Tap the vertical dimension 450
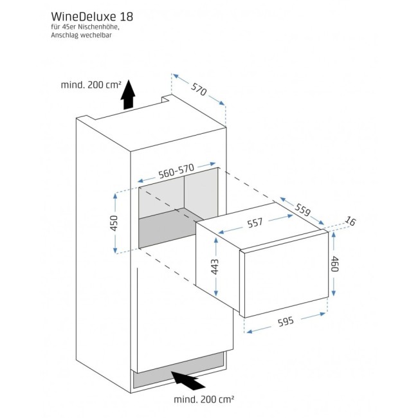point(114,223)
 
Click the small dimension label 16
point(350,222)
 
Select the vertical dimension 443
point(215,266)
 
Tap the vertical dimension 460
point(334,264)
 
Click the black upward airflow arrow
point(129,95)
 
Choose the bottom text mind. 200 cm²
point(204,399)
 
